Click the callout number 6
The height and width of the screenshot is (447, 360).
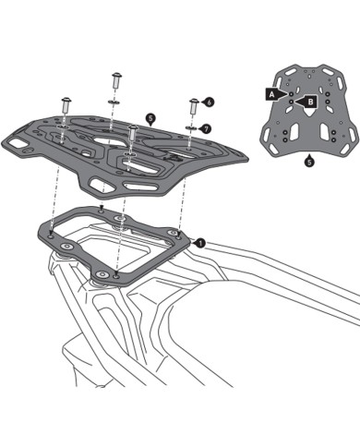point(210,101)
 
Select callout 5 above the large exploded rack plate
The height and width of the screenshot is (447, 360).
point(150,119)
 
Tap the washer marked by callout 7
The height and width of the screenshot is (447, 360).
point(192,127)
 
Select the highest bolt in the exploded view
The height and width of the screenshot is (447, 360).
point(117,79)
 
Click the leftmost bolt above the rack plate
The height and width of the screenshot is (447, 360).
point(66,104)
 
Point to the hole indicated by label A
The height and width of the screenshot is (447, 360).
point(291,93)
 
